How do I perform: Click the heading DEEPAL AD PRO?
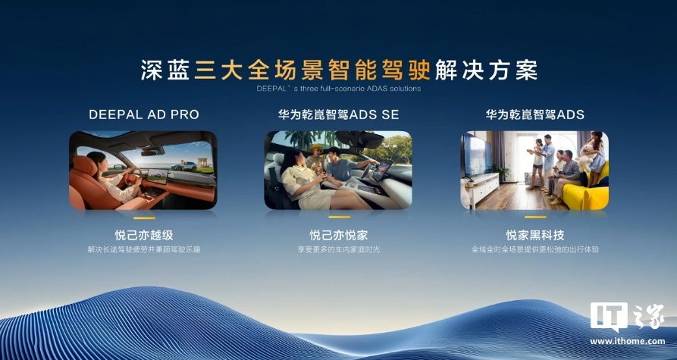point(144,114)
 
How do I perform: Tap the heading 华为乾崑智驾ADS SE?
point(338,114)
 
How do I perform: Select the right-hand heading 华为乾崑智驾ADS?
point(534,114)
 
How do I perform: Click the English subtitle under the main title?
point(338,89)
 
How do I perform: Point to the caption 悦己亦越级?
point(144,235)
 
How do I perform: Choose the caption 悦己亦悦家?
point(338,235)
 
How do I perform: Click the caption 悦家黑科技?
point(535,235)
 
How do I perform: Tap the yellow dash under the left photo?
point(144,218)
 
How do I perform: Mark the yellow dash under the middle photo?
point(340,217)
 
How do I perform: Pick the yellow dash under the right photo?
point(535,217)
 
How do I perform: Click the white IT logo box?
point(609,315)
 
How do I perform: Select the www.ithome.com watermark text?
point(628,342)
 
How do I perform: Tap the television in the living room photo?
point(477,155)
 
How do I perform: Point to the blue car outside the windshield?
point(183,166)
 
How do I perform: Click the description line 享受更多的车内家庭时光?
point(338,249)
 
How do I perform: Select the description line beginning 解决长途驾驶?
point(144,249)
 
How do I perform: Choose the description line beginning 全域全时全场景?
point(535,249)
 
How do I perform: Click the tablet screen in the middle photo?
point(382,171)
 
